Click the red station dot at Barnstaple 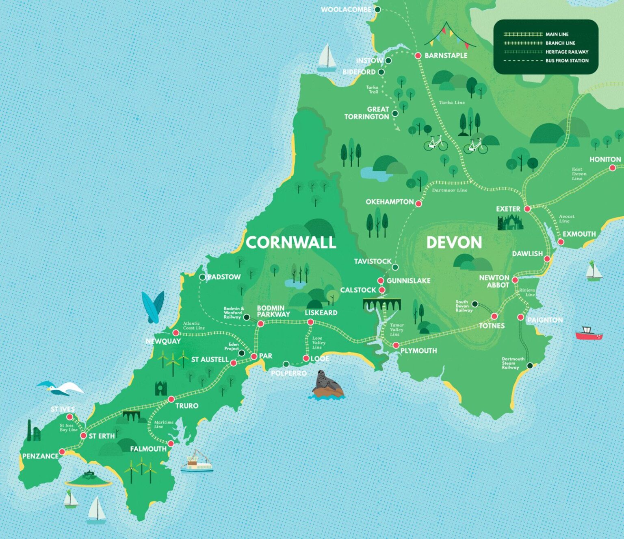[418, 56]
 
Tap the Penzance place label [40, 456]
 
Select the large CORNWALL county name [291, 242]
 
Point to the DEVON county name [454, 242]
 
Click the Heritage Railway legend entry [567, 52]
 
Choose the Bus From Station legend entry [567, 61]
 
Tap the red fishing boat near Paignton [589, 333]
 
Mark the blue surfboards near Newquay [153, 307]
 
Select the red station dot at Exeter [527, 209]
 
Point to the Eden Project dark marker [241, 353]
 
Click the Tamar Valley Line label [396, 330]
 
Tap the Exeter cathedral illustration [510, 223]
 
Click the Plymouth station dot [396, 345]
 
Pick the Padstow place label [224, 277]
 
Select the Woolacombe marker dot [377, 9]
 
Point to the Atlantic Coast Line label [193, 325]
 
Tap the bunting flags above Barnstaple [449, 35]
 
